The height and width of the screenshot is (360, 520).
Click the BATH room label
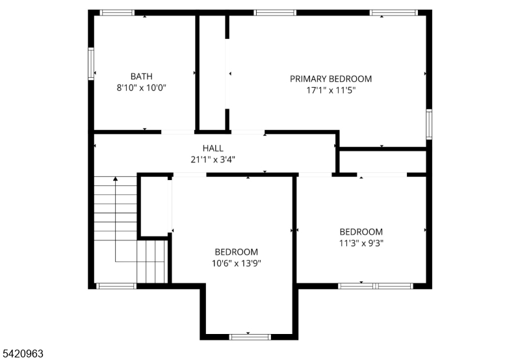[x=142, y=75]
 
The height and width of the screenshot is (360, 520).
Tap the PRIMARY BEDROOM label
[x=331, y=79]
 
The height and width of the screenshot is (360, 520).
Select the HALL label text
[x=213, y=148]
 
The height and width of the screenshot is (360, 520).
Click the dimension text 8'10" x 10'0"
[x=141, y=88]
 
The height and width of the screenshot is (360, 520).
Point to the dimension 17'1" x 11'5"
[x=331, y=90]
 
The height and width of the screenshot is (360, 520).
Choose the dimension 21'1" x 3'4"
[x=213, y=159]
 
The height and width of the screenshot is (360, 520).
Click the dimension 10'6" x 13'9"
[x=236, y=263]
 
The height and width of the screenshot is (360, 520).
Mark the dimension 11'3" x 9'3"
[x=361, y=244]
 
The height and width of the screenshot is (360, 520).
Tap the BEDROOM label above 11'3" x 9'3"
[x=361, y=232]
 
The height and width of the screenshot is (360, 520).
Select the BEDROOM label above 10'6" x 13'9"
[x=236, y=251]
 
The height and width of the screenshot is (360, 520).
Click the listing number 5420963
[x=23, y=354]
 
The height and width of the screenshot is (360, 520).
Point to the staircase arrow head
[x=116, y=179]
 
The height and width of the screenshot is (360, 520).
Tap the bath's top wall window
[x=118, y=12]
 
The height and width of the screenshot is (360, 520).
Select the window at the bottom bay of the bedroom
[x=250, y=336]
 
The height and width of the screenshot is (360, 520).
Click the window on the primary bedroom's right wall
[x=428, y=123]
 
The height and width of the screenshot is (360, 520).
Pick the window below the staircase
[x=116, y=285]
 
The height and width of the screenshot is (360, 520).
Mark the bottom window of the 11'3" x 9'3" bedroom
[x=375, y=285]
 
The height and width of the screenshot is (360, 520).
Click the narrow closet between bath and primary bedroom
[x=212, y=71]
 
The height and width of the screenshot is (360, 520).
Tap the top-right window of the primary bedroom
[x=393, y=12]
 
